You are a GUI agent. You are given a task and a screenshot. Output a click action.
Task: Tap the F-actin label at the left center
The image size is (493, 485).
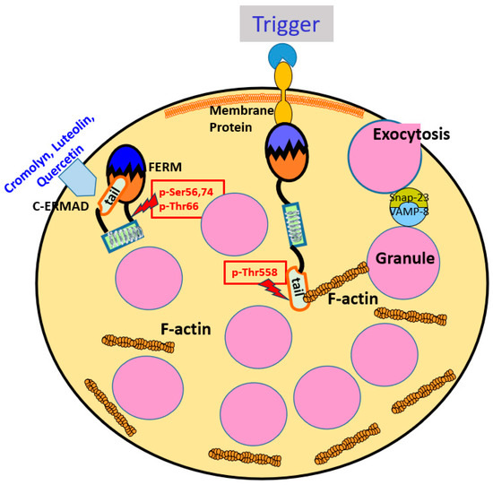pos(187,330)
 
